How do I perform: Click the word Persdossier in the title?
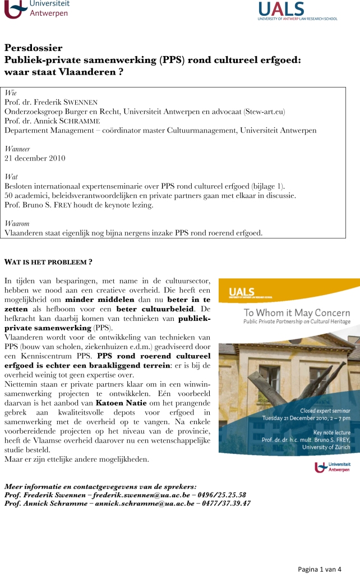point(33,48)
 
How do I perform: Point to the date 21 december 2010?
point(35,158)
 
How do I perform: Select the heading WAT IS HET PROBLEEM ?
point(48,262)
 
